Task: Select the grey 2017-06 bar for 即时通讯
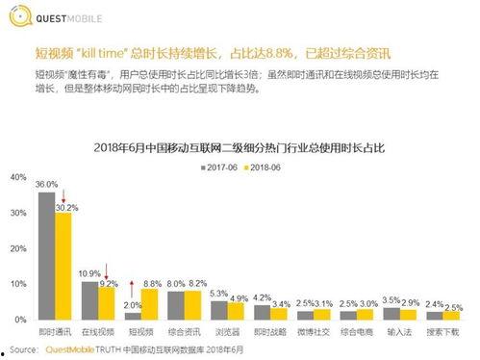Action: coord(46,255)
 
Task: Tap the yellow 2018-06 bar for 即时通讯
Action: coord(63,265)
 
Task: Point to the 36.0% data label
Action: coord(46,184)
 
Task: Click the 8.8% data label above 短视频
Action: coord(152,283)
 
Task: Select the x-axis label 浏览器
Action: coord(224,331)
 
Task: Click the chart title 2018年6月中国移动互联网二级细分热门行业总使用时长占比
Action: coord(240,146)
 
